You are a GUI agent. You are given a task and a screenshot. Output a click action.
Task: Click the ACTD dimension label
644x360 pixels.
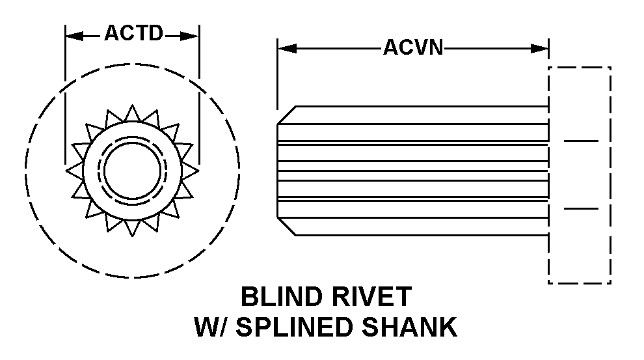[x=133, y=34]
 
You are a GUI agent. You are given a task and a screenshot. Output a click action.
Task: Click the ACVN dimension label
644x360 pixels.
[x=413, y=48]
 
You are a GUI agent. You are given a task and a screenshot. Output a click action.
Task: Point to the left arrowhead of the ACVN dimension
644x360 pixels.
[x=286, y=48]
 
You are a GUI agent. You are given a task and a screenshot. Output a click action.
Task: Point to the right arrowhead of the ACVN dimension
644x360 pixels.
[x=541, y=48]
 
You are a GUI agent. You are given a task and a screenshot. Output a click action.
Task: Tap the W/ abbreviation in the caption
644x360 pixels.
[x=211, y=327]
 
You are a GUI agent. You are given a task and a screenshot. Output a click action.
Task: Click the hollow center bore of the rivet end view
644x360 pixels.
[x=132, y=170]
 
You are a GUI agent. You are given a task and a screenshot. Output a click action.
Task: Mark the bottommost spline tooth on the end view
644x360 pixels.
[x=132, y=228]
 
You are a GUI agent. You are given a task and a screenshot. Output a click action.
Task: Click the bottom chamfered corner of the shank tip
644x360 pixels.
[x=286, y=227]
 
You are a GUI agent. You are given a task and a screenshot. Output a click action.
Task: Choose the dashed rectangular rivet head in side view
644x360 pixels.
[x=579, y=174]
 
